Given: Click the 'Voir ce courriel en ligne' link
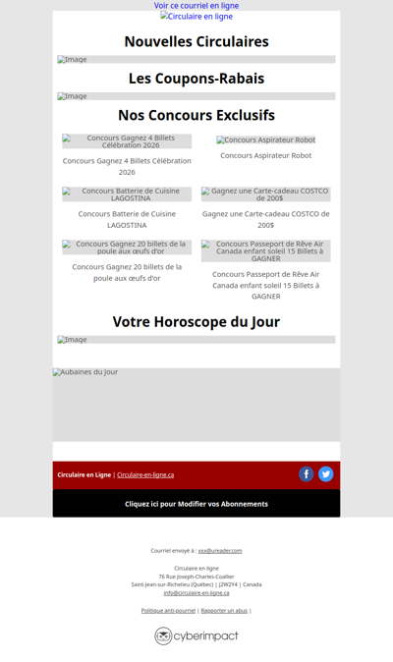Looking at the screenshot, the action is click(196, 6).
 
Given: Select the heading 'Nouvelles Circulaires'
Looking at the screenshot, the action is click(196, 41).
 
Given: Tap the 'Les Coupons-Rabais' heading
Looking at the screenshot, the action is click(196, 79).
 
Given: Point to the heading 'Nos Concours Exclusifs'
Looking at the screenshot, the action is click(196, 115).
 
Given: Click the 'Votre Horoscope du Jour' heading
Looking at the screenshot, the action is click(196, 321).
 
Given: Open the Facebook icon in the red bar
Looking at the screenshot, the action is click(307, 474).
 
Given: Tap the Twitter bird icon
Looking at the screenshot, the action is click(326, 474).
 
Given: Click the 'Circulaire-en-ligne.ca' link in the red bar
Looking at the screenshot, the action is click(145, 475).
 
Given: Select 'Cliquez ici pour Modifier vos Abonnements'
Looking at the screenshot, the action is click(196, 504).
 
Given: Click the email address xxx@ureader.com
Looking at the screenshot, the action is click(220, 551).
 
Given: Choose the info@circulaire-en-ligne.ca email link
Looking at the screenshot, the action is click(196, 592).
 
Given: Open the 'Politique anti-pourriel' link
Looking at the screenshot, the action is click(168, 611).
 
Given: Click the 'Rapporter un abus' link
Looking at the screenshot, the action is click(224, 611).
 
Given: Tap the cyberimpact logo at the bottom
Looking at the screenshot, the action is click(196, 635).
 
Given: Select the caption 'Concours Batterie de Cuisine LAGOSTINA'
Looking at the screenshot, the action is click(127, 219).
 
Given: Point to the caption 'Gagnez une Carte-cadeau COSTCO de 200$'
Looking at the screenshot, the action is click(266, 219).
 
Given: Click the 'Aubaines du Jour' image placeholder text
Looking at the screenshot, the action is click(85, 372).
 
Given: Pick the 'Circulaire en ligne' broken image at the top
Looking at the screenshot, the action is click(196, 17).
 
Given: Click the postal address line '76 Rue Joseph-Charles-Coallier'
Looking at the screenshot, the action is click(196, 577).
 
